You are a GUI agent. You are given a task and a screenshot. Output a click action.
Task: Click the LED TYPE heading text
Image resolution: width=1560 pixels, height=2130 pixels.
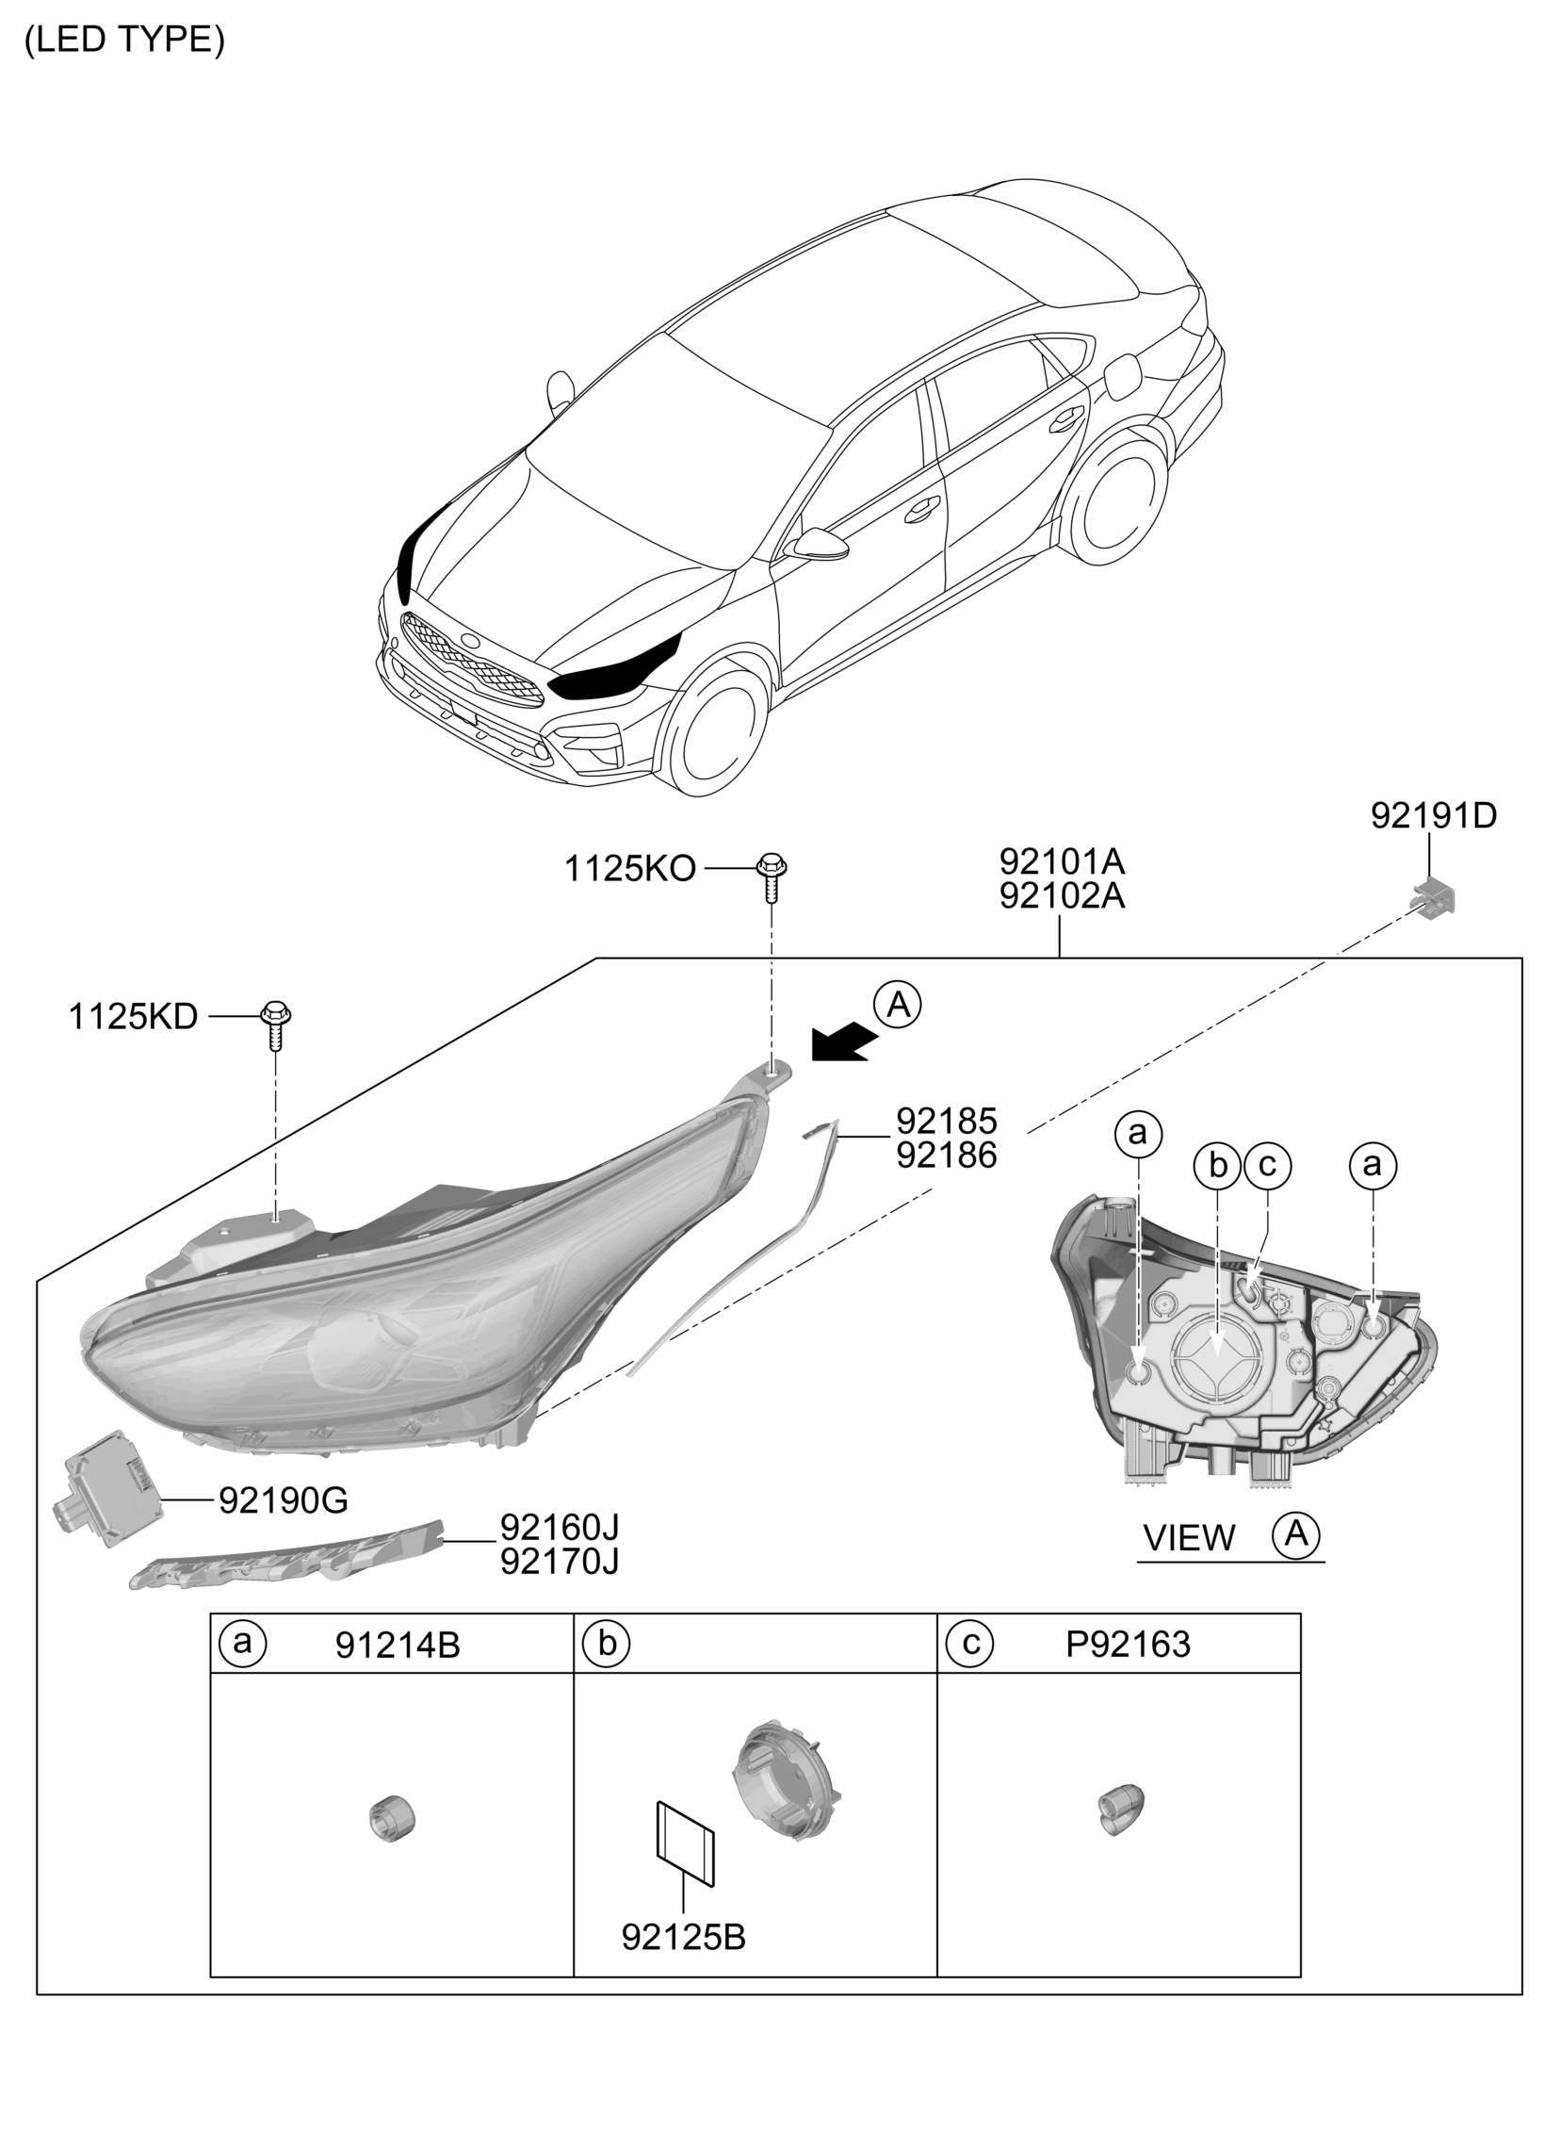tap(124, 40)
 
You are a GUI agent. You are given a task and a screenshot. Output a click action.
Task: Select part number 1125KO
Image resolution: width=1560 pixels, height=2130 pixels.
tap(630, 869)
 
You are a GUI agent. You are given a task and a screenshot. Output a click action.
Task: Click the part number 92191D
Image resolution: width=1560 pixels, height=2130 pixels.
tap(1434, 816)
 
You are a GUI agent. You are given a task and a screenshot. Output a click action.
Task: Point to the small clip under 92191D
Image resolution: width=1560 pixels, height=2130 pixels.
tap(1435, 896)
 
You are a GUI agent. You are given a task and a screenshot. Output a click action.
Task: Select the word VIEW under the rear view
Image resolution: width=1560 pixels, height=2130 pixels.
tap(1189, 1539)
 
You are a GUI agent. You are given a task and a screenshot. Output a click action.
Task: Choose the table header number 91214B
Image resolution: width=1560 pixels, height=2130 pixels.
tap(398, 1646)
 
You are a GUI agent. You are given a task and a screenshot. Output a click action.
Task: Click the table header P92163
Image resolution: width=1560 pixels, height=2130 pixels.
tap(1129, 1645)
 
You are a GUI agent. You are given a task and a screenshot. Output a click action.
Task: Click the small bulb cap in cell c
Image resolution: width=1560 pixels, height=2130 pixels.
tap(1120, 1809)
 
